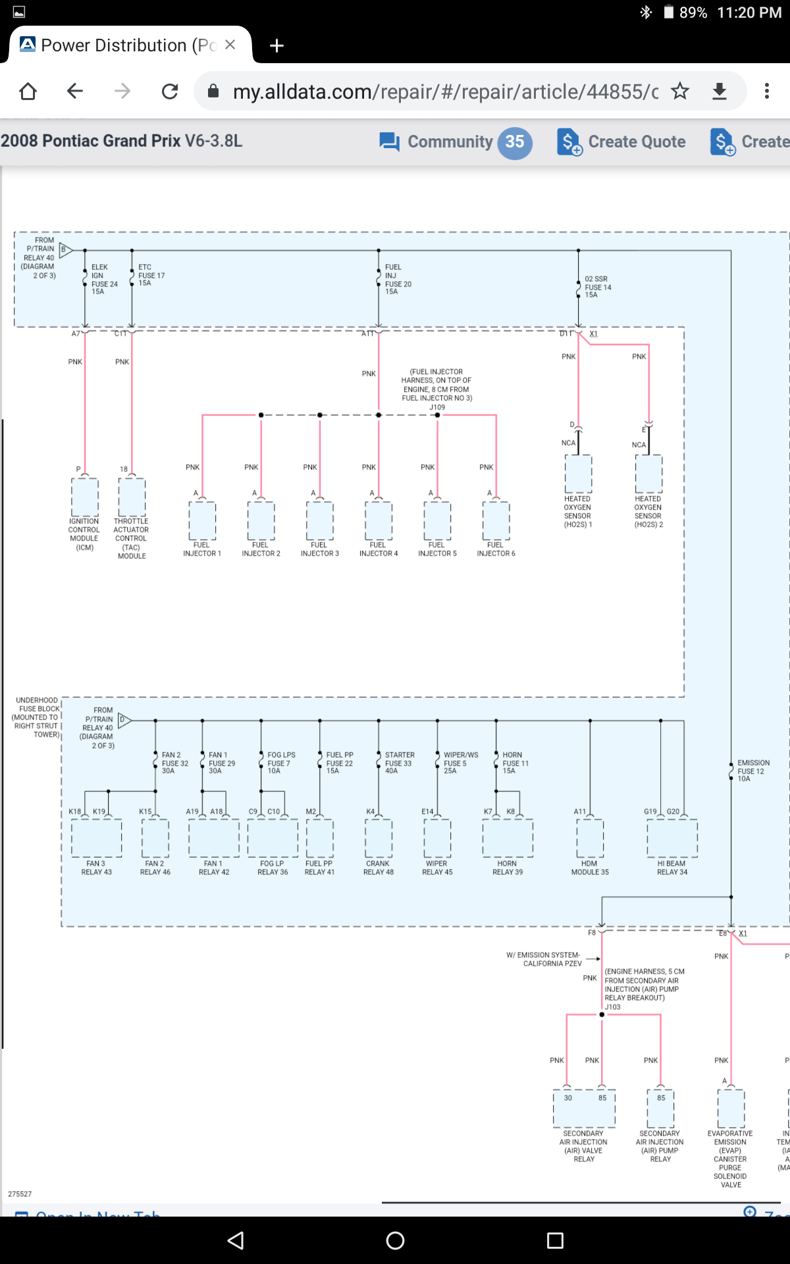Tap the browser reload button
point(170,91)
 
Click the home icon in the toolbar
point(28,91)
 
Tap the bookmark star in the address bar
point(680,91)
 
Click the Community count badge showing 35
point(515,142)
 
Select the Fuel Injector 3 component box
point(320,520)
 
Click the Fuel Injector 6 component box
point(496,520)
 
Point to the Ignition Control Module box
point(85,496)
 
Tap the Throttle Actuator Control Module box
point(132,496)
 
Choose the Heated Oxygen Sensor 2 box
point(648,474)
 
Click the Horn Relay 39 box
point(508,838)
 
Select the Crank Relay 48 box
point(379,838)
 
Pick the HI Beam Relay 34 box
point(672,838)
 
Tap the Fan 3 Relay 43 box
point(97,838)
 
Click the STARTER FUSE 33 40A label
point(399,763)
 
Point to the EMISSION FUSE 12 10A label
point(752,771)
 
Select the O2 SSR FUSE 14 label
point(597,287)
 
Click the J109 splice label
point(437,408)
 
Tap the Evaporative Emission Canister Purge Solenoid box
point(731,1109)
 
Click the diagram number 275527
point(20,1194)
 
